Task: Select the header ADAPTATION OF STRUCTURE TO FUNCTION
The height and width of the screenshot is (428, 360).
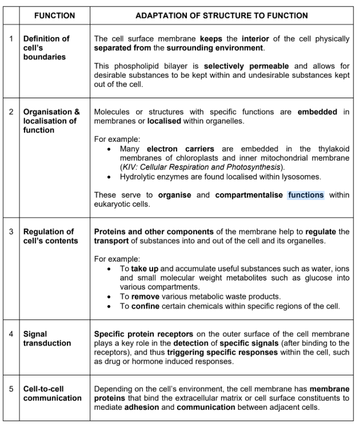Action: tap(221, 15)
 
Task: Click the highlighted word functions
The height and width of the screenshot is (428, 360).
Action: tap(306, 195)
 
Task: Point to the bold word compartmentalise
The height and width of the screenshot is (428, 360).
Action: tap(249, 195)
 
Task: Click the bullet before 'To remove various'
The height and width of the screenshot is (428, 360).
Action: tap(110, 297)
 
